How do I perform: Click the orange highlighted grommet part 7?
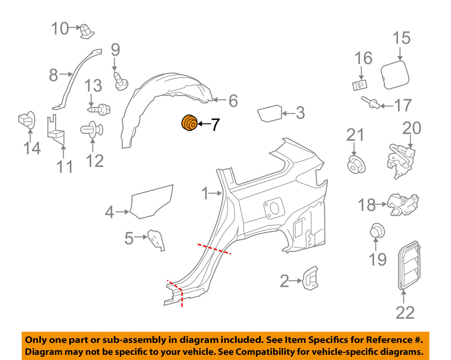[189, 123]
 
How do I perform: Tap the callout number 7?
[215, 125]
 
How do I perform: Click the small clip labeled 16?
[360, 85]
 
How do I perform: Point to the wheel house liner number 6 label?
[233, 101]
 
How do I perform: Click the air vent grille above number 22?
[409, 265]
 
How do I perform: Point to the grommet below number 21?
[356, 164]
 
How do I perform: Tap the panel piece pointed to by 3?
[269, 113]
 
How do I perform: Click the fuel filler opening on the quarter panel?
[274, 208]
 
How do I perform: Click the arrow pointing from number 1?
[216, 193]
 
